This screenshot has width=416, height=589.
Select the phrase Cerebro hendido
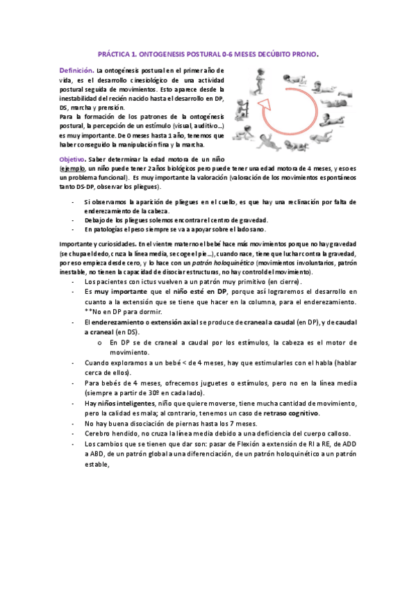[108, 433]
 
